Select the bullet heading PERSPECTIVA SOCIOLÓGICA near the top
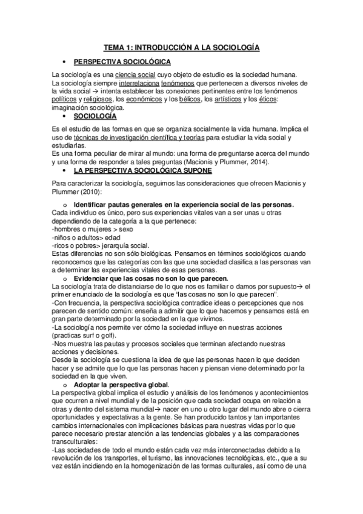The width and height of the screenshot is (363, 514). [x=122, y=62]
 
